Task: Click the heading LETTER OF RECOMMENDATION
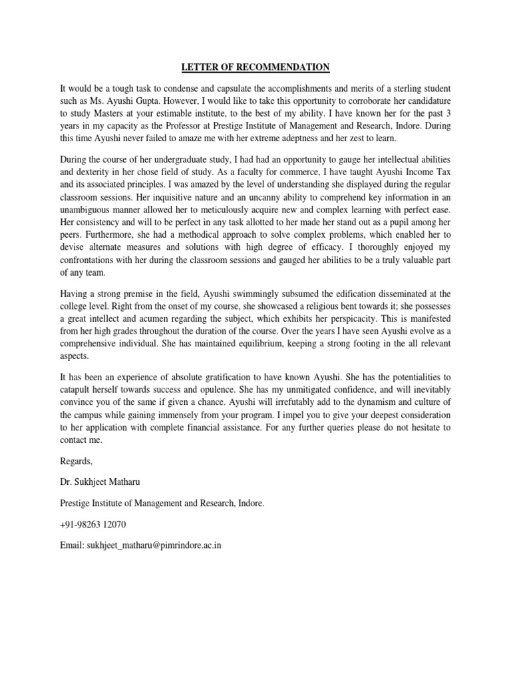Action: tap(255, 67)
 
